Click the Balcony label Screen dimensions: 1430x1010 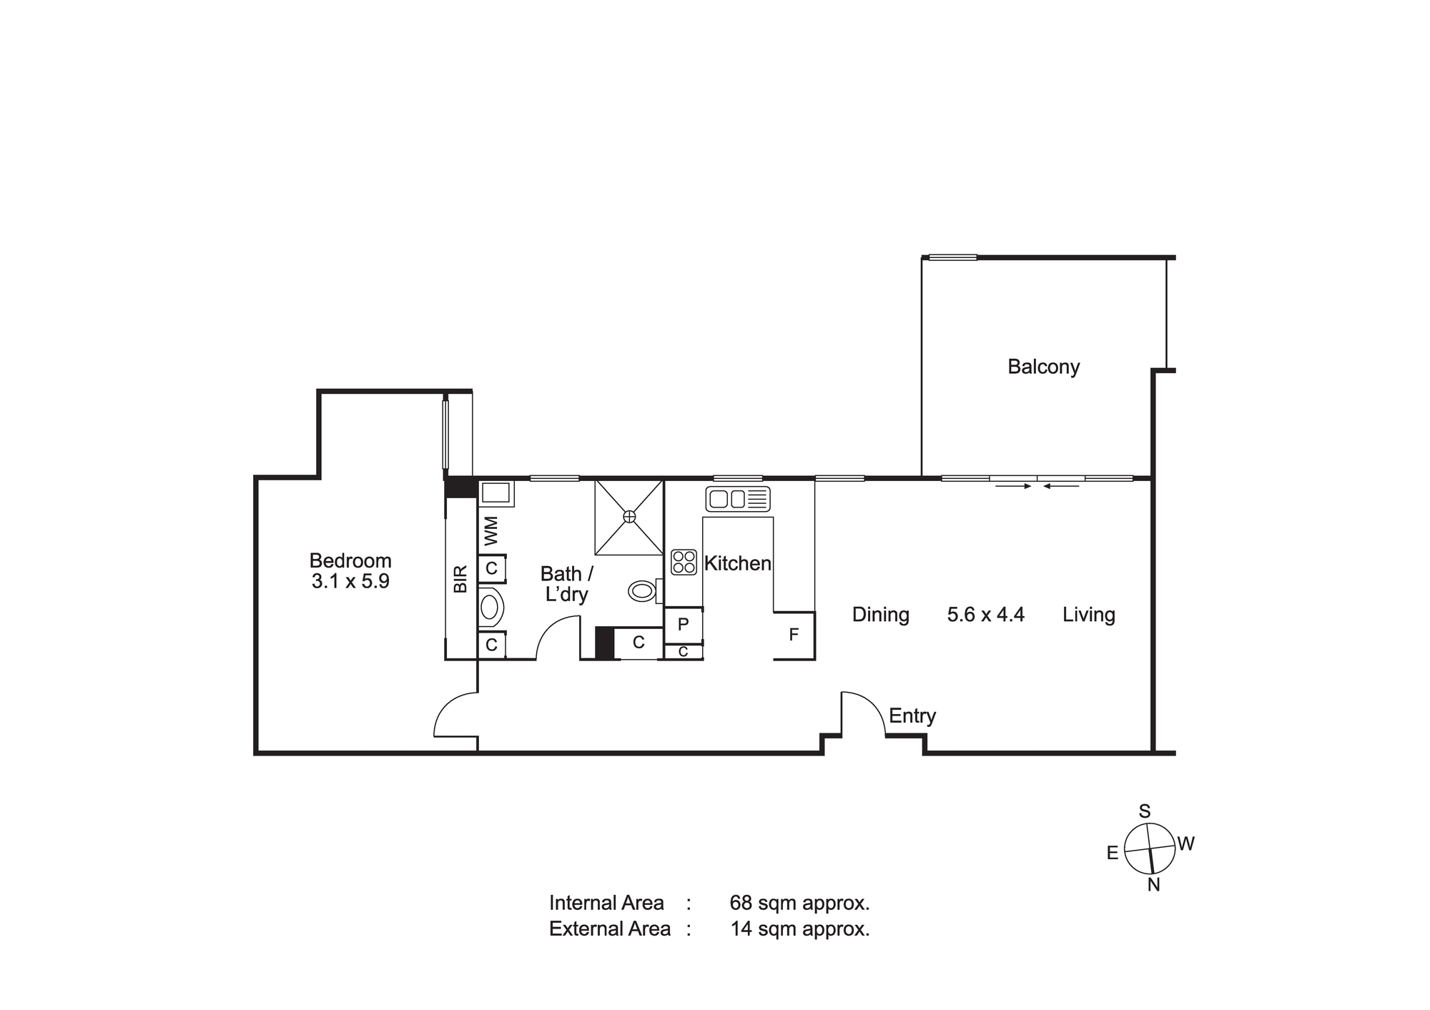point(1043,367)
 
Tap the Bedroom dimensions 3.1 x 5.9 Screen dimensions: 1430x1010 point(350,581)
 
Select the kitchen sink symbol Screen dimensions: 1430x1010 point(738,499)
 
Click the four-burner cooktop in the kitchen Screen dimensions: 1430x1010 point(684,562)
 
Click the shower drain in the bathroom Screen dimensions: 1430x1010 point(629,516)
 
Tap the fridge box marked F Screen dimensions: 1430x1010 point(794,635)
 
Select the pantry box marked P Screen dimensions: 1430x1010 point(684,625)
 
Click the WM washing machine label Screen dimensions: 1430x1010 point(490,530)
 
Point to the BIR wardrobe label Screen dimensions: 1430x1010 point(460,579)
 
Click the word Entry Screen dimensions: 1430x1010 point(912,716)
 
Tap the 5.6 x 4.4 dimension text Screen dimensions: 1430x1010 point(986,615)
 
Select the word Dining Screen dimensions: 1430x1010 point(881,615)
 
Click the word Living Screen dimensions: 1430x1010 point(1089,615)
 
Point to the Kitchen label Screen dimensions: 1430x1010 point(738,563)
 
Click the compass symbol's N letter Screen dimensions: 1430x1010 point(1153,885)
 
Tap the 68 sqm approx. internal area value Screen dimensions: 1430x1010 point(799,903)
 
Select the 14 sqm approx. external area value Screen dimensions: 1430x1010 point(800,929)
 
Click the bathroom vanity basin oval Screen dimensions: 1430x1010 point(490,608)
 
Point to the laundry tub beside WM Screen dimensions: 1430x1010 point(495,493)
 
